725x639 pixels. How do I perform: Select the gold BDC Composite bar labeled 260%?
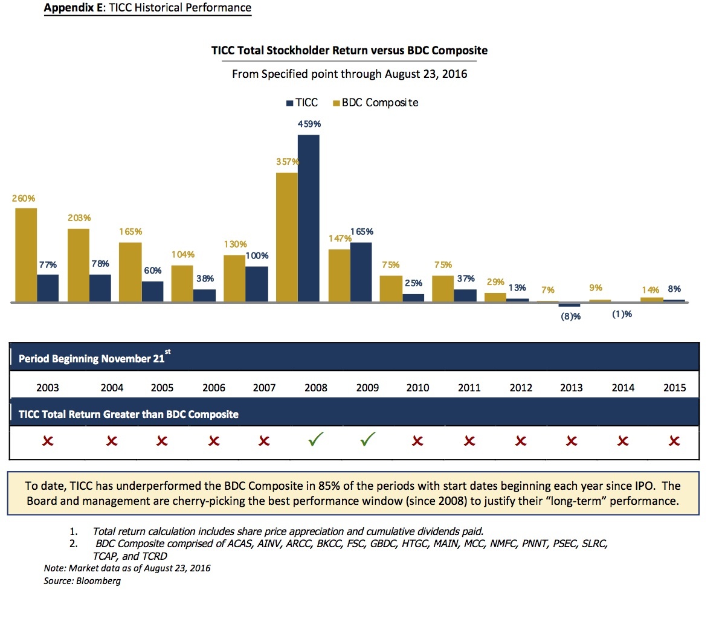click(26, 254)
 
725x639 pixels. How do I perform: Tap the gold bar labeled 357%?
click(286, 237)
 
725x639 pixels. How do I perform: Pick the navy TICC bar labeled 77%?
click(48, 287)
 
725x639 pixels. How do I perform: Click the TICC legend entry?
click(301, 103)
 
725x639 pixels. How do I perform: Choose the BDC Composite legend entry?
click(375, 103)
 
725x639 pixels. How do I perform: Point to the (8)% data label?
click(570, 316)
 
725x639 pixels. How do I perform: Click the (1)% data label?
click(622, 314)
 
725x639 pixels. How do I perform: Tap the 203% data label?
click(79, 218)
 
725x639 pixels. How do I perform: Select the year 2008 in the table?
click(316, 388)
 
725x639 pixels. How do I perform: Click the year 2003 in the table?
click(48, 388)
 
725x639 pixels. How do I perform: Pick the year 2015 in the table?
click(674, 388)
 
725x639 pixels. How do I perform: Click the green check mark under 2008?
click(315, 440)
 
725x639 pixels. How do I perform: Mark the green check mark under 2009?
click(367, 440)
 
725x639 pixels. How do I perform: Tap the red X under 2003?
click(48, 442)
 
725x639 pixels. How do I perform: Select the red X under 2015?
click(674, 442)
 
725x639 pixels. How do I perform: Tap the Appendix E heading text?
click(147, 8)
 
